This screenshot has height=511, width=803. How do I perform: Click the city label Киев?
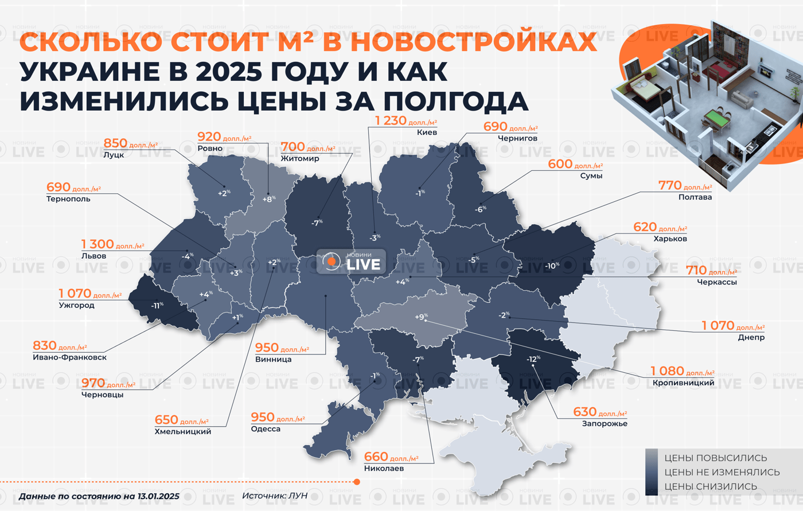coord(427,132)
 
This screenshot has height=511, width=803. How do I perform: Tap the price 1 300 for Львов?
coord(98,244)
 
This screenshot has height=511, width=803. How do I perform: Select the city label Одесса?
coord(266,429)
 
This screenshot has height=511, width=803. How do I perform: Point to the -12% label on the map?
coord(533,359)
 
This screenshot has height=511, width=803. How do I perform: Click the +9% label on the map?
coord(421,317)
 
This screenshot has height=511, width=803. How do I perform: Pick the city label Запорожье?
coord(605,424)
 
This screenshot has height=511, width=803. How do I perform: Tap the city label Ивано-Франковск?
coord(70,357)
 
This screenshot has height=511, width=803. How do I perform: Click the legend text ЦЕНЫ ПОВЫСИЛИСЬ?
coord(715,458)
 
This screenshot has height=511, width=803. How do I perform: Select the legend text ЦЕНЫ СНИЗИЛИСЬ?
coord(711,486)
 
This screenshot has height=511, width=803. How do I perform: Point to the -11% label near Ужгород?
coord(157,306)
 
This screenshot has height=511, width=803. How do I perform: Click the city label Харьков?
coord(670,239)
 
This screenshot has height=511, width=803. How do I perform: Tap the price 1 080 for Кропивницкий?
coord(666,371)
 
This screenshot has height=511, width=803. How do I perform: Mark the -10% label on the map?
coord(551,266)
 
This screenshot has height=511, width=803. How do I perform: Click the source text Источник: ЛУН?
coord(275,496)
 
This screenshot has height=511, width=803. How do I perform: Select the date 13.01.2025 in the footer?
coord(158,496)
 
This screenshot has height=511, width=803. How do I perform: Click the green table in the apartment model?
coord(716,118)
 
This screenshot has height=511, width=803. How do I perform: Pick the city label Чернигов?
coord(518,138)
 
